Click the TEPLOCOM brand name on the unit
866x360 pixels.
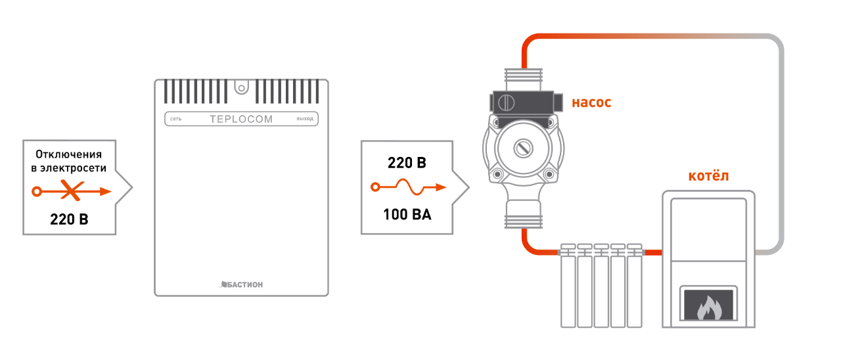[x=241, y=119]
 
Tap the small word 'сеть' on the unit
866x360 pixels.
[x=175, y=119]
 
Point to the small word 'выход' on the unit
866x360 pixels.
[x=305, y=119]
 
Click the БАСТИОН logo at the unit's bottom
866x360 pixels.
[x=241, y=284]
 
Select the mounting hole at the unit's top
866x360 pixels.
[x=242, y=89]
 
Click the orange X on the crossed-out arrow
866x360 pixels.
[x=72, y=191]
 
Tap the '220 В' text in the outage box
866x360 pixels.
[x=69, y=219]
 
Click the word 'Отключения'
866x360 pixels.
[x=68, y=154]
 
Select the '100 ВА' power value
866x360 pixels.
[x=407, y=214]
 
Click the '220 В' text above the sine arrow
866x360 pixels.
[x=407, y=163]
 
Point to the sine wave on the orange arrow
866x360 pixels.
[x=410, y=187]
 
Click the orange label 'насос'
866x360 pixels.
[x=591, y=102]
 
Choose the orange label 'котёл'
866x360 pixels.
[x=708, y=176]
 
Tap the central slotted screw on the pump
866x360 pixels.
[x=524, y=148]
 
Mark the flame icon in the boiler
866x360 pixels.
[x=709, y=307]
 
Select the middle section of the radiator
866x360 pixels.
[x=601, y=286]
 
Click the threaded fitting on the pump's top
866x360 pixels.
[x=524, y=79]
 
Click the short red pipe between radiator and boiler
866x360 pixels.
[x=653, y=253]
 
